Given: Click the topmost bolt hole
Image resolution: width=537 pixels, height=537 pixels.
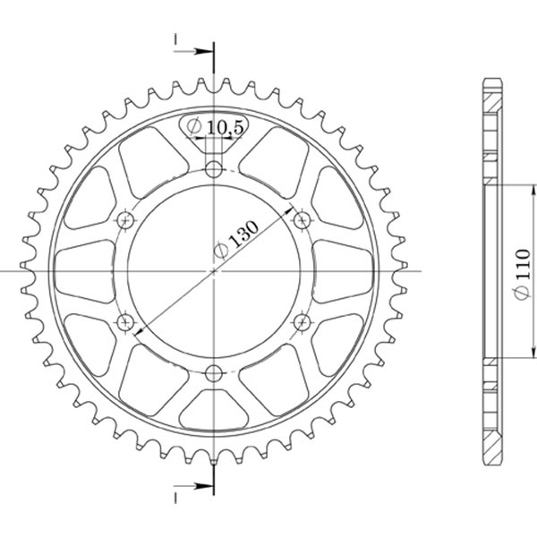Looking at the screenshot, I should pyautogui.click(x=213, y=169).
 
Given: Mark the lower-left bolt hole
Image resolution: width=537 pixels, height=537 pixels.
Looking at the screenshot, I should pyautogui.click(x=125, y=320).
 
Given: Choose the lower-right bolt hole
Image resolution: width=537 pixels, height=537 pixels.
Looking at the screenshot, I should pyautogui.click(x=301, y=320).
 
